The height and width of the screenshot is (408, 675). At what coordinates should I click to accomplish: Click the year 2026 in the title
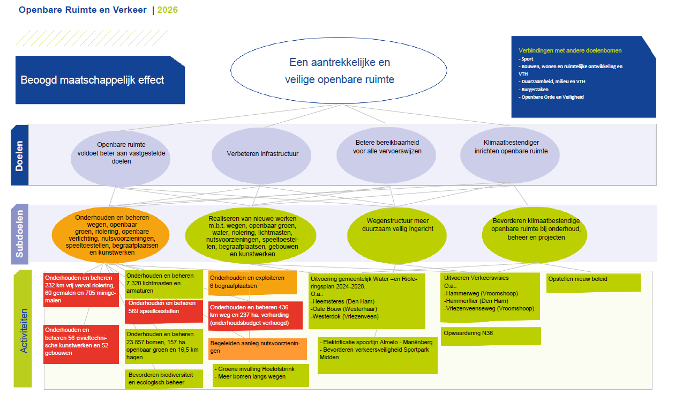[168, 10]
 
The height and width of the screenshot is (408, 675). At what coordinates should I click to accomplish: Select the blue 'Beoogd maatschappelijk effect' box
[100, 80]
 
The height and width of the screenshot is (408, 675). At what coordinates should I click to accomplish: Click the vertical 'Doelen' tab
[19, 155]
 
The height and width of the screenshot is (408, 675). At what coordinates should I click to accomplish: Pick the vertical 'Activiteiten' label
[23, 328]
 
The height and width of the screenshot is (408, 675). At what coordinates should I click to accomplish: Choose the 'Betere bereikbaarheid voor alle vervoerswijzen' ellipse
[387, 147]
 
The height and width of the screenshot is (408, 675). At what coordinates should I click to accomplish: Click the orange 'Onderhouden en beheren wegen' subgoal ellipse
[111, 234]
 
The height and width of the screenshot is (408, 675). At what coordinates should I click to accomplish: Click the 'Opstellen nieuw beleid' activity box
[593, 283]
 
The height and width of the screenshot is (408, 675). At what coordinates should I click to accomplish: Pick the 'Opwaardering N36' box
[490, 336]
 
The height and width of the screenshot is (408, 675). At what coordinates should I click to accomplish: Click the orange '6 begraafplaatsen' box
[252, 282]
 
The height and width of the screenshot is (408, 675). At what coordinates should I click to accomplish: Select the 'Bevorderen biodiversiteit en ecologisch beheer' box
[164, 379]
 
